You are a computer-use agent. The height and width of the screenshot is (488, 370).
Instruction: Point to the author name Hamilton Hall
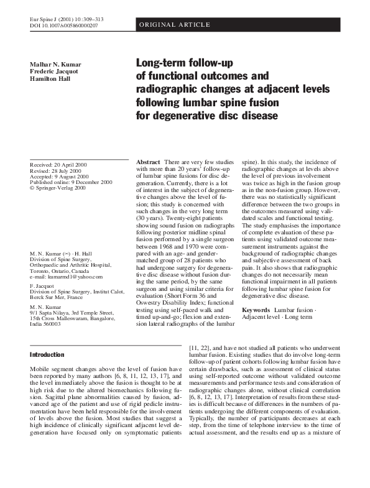pyautogui.click(x=48, y=80)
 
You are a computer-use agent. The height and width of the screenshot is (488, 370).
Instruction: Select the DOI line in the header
pyautogui.click(x=64, y=27)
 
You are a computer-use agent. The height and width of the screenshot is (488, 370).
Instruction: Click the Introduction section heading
pyautogui.click(x=47, y=355)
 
